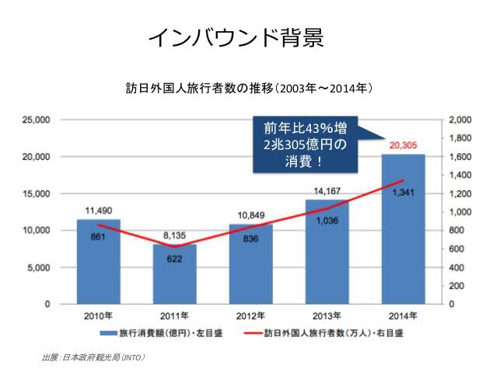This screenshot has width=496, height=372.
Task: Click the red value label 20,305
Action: tap(402, 145)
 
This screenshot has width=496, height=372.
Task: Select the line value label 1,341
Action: tap(402, 193)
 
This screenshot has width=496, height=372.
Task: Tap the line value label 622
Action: tap(174, 259)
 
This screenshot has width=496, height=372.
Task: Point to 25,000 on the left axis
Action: tap(36, 120)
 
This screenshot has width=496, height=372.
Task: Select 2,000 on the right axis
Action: tap(459, 120)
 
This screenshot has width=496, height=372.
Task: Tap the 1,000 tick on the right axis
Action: tap(459, 212)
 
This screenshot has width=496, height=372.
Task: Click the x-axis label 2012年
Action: tap(250, 315)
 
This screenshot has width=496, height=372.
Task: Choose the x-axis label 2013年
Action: tap(327, 315)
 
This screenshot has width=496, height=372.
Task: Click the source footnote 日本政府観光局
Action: tap(93, 357)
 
